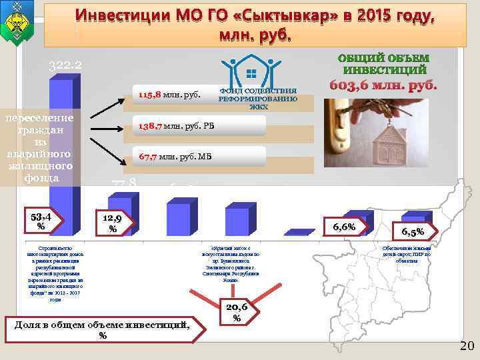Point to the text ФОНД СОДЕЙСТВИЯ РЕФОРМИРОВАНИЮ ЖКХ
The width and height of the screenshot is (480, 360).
click(257, 98)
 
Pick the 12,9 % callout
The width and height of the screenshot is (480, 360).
click(113, 223)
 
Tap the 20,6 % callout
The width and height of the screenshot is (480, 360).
click(237, 310)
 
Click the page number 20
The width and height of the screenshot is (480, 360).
click(465, 344)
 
